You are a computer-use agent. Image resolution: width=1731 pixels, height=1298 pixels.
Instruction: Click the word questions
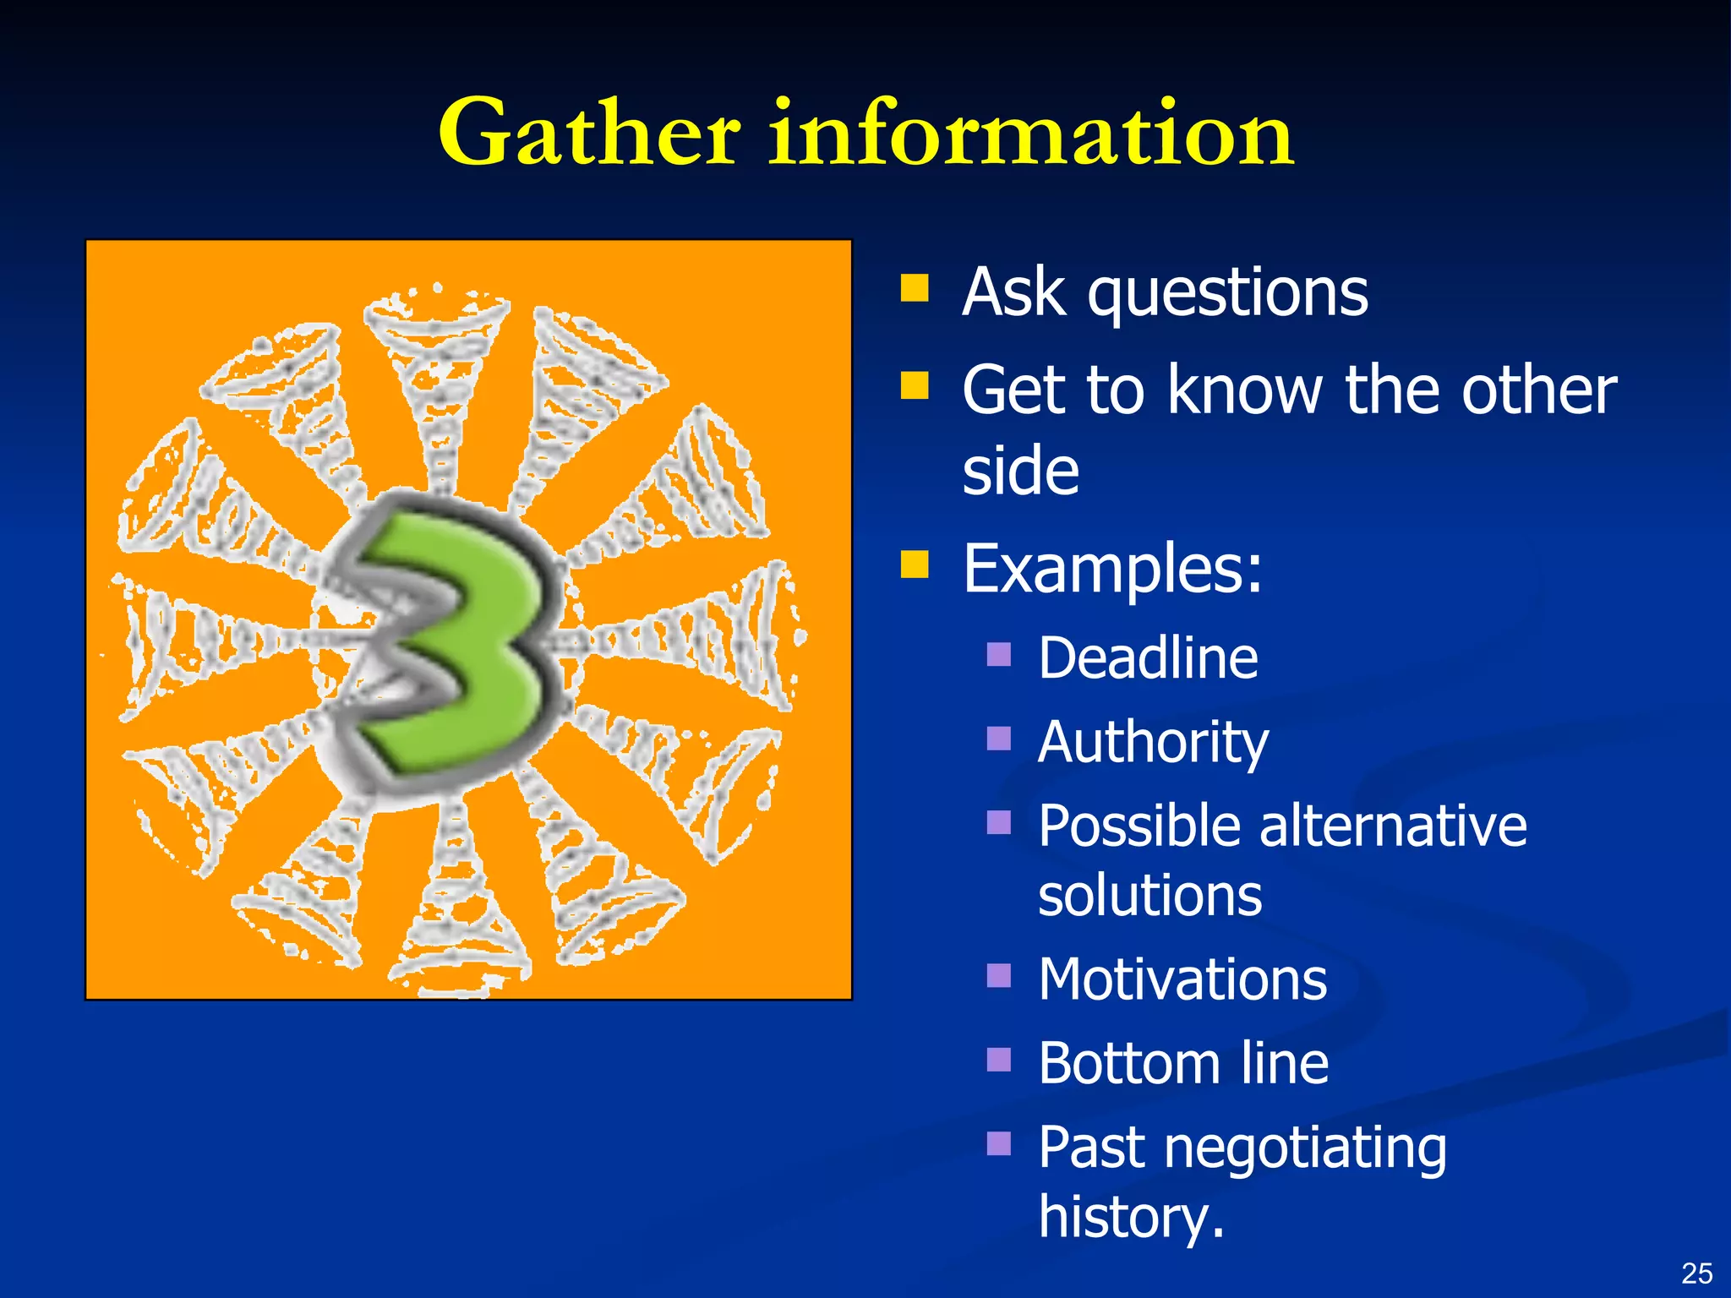pyautogui.click(x=1227, y=294)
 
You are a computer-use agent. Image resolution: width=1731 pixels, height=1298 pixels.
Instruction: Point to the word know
pyautogui.click(x=1248, y=390)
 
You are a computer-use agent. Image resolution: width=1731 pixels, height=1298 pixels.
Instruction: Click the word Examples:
pyautogui.click(x=1112, y=570)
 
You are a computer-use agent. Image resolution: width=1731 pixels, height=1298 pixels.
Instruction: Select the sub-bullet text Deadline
pyautogui.click(x=1148, y=658)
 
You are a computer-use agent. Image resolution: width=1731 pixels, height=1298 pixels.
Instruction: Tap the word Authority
pyautogui.click(x=1153, y=743)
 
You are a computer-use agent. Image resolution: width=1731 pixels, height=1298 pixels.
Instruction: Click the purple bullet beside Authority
pyautogui.click(x=999, y=739)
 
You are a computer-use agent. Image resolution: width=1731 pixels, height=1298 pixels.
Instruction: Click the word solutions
pyautogui.click(x=1149, y=896)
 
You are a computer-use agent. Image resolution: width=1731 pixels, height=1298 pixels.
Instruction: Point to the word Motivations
pyautogui.click(x=1182, y=980)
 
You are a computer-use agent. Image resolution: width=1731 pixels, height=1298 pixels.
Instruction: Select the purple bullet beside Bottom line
pyautogui.click(x=999, y=1060)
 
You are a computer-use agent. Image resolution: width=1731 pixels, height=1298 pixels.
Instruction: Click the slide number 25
pyautogui.click(x=1696, y=1273)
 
